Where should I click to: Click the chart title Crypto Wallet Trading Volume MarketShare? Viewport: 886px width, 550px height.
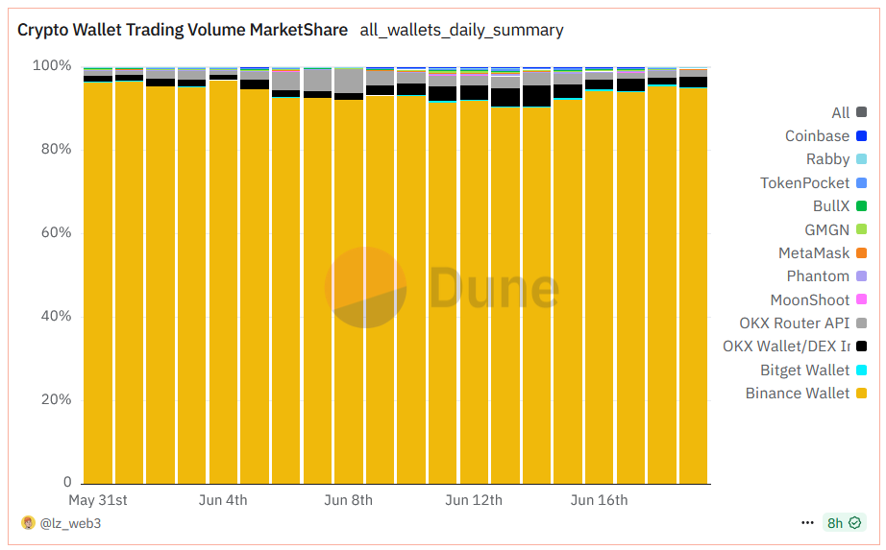[183, 30]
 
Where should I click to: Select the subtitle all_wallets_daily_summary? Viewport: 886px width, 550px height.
[461, 30]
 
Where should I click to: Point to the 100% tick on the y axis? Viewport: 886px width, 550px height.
[52, 66]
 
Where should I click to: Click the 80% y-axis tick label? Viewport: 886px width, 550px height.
[55, 150]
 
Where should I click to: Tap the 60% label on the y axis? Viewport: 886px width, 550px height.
[55, 233]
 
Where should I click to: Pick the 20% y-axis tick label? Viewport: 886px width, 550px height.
[55, 399]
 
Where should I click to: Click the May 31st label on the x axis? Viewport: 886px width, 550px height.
[98, 500]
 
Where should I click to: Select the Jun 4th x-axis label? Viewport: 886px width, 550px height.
[223, 500]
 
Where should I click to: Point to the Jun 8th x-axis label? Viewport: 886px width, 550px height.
[348, 500]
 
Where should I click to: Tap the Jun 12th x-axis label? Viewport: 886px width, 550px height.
[474, 500]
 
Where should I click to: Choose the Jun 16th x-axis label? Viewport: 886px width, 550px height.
[599, 500]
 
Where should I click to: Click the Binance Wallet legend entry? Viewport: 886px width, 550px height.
[798, 394]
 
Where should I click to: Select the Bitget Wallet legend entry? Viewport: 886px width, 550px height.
[805, 371]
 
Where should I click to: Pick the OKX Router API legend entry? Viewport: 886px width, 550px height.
[795, 323]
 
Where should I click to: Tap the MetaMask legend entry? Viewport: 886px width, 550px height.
[814, 253]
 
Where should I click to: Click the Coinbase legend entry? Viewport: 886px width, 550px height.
[818, 136]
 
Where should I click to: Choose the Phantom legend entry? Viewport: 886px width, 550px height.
[818, 276]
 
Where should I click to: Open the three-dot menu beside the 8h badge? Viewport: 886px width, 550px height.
[807, 523]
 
